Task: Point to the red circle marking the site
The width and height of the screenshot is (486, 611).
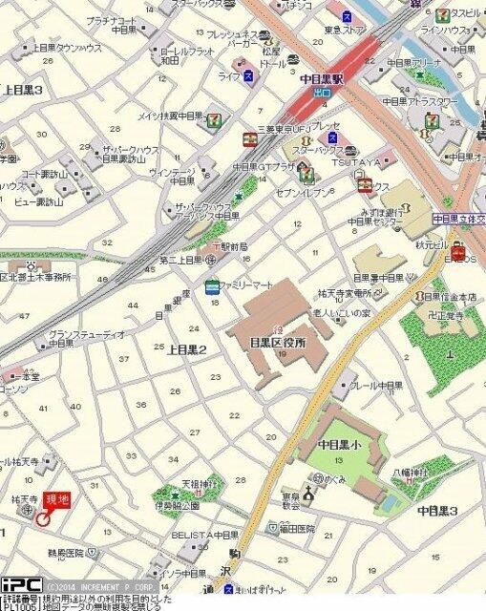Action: pyautogui.click(x=42, y=518)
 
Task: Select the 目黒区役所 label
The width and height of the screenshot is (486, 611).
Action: pyautogui.click(x=276, y=341)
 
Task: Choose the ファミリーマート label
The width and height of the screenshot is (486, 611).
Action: pyautogui.click(x=247, y=284)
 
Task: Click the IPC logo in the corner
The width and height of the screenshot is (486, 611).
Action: pyautogui.click(x=20, y=584)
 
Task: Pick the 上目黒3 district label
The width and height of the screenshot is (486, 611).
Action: pyautogui.click(x=23, y=89)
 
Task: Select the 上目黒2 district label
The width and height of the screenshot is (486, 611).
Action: pyautogui.click(x=187, y=349)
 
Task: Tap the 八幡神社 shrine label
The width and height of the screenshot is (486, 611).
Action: pyautogui.click(x=411, y=472)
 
